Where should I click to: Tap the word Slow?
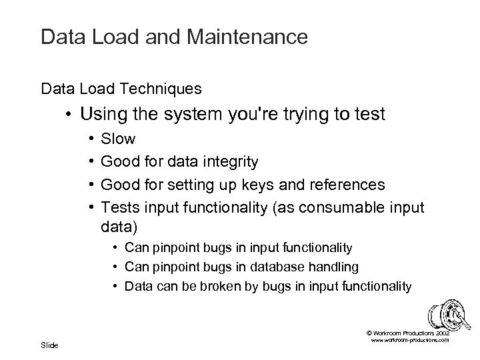coord(118,139)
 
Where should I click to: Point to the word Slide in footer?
coord(49,345)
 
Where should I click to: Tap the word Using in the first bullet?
coord(100,115)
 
